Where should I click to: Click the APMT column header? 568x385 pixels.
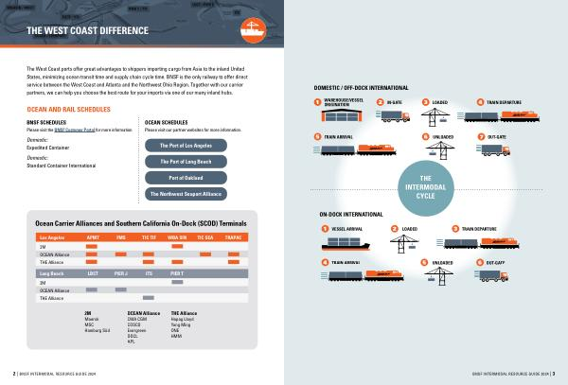[93, 236]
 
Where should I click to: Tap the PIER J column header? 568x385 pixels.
[120, 272]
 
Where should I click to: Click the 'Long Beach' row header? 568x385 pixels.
[52, 272]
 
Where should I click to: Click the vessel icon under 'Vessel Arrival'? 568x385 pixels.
[342, 242]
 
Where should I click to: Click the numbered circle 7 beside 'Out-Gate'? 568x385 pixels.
[482, 137]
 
